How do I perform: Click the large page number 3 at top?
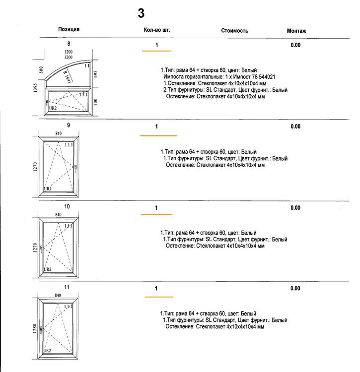click(x=141, y=13)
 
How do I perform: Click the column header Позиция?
click(x=69, y=30)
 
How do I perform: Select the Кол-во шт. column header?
click(x=156, y=30)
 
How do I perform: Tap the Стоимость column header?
click(x=235, y=31)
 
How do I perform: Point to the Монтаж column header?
click(x=296, y=31)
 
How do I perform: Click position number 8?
click(x=69, y=45)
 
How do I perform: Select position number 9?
click(x=68, y=125)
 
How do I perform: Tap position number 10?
click(x=67, y=206)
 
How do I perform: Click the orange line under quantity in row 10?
click(x=156, y=214)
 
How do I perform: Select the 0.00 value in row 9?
click(x=295, y=126)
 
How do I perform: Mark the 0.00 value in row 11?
click(x=295, y=288)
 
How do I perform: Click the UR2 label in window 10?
click(x=48, y=269)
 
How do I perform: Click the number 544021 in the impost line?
click(x=265, y=77)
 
